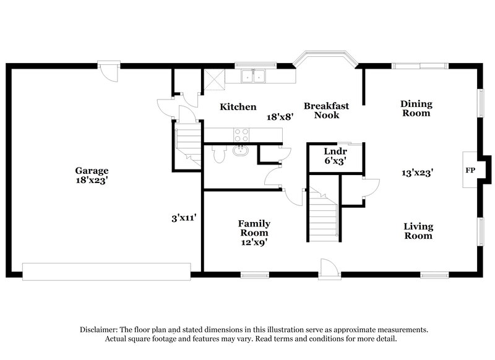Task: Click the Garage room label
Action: pyautogui.click(x=92, y=171)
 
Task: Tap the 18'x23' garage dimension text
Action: pyautogui.click(x=92, y=181)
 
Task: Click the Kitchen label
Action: pyautogui.click(x=238, y=107)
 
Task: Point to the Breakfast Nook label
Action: pyautogui.click(x=326, y=110)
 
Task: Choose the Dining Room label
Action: pyautogui.click(x=416, y=108)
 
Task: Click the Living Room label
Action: pyautogui.click(x=418, y=231)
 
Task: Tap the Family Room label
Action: pyautogui.click(x=254, y=228)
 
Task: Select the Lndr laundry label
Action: pyautogui.click(x=335, y=152)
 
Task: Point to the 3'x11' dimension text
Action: pyautogui.click(x=184, y=218)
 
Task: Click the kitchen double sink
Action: pyautogui.click(x=254, y=76)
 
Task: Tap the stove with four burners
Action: pyautogui.click(x=240, y=134)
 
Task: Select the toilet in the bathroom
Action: pyautogui.click(x=217, y=153)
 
